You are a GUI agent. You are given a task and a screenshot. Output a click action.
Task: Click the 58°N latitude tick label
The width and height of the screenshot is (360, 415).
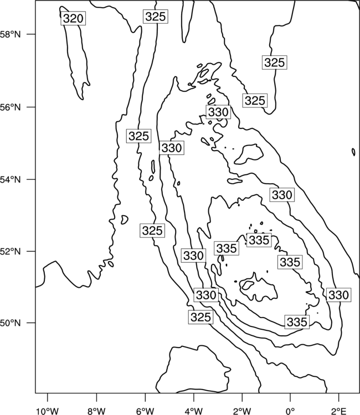11,34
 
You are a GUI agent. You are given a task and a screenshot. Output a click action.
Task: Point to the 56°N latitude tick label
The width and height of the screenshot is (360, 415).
11,107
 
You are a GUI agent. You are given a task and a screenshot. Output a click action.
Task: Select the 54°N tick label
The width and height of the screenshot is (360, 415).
11,180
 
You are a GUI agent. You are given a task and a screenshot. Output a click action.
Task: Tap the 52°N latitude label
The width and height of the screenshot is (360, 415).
11,251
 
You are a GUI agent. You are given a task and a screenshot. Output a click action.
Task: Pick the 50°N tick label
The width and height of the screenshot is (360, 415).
11,323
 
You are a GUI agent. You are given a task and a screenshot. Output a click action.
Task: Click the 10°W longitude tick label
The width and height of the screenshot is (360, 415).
47,411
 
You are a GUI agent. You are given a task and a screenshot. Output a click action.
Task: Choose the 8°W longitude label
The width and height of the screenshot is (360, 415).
96,411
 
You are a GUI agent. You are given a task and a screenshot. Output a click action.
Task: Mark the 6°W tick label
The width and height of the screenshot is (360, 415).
145,411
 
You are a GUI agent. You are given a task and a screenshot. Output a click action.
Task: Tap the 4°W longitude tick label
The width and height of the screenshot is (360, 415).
194,411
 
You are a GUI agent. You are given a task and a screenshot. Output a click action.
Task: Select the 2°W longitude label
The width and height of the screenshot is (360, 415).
242,411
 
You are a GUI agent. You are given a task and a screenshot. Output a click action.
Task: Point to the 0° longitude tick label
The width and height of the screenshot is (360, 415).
290,411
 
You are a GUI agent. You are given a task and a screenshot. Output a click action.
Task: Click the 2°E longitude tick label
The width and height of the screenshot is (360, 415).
339,411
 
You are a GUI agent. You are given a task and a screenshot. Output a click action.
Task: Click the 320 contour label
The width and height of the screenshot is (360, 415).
73,18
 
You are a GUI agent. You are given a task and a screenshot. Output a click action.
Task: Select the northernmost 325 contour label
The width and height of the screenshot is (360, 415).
156,17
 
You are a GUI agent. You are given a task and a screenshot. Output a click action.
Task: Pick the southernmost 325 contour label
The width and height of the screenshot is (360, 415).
201,317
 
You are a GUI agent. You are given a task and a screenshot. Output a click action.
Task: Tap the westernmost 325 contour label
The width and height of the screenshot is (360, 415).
138,136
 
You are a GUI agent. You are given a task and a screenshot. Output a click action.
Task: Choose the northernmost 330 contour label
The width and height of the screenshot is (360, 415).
218,112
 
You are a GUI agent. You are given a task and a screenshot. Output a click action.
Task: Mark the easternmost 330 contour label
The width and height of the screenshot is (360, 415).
338,294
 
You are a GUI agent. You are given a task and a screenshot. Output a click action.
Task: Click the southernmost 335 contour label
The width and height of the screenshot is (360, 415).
297,322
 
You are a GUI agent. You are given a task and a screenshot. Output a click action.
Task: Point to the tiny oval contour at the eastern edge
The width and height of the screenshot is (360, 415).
353,152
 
